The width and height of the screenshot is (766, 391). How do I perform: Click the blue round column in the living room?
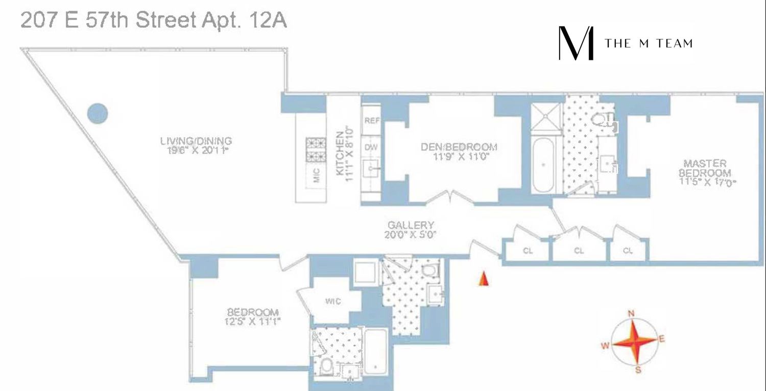tap(98, 113)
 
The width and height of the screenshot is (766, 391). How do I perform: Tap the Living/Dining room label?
tap(196, 145)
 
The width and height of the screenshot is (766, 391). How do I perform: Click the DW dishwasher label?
tap(371, 147)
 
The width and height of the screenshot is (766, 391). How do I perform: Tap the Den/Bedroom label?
tap(459, 151)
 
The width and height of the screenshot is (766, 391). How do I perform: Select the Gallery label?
tap(411, 229)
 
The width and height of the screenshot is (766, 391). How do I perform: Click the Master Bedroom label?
tap(705, 172)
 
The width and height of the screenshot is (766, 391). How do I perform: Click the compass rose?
tap(633, 341)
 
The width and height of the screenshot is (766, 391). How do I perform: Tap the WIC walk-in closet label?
tap(333, 302)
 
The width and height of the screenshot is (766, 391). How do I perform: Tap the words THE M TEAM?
tap(649, 43)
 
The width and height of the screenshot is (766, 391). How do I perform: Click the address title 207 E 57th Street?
tap(153, 21)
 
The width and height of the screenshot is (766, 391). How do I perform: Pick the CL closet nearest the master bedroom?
tap(628, 250)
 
